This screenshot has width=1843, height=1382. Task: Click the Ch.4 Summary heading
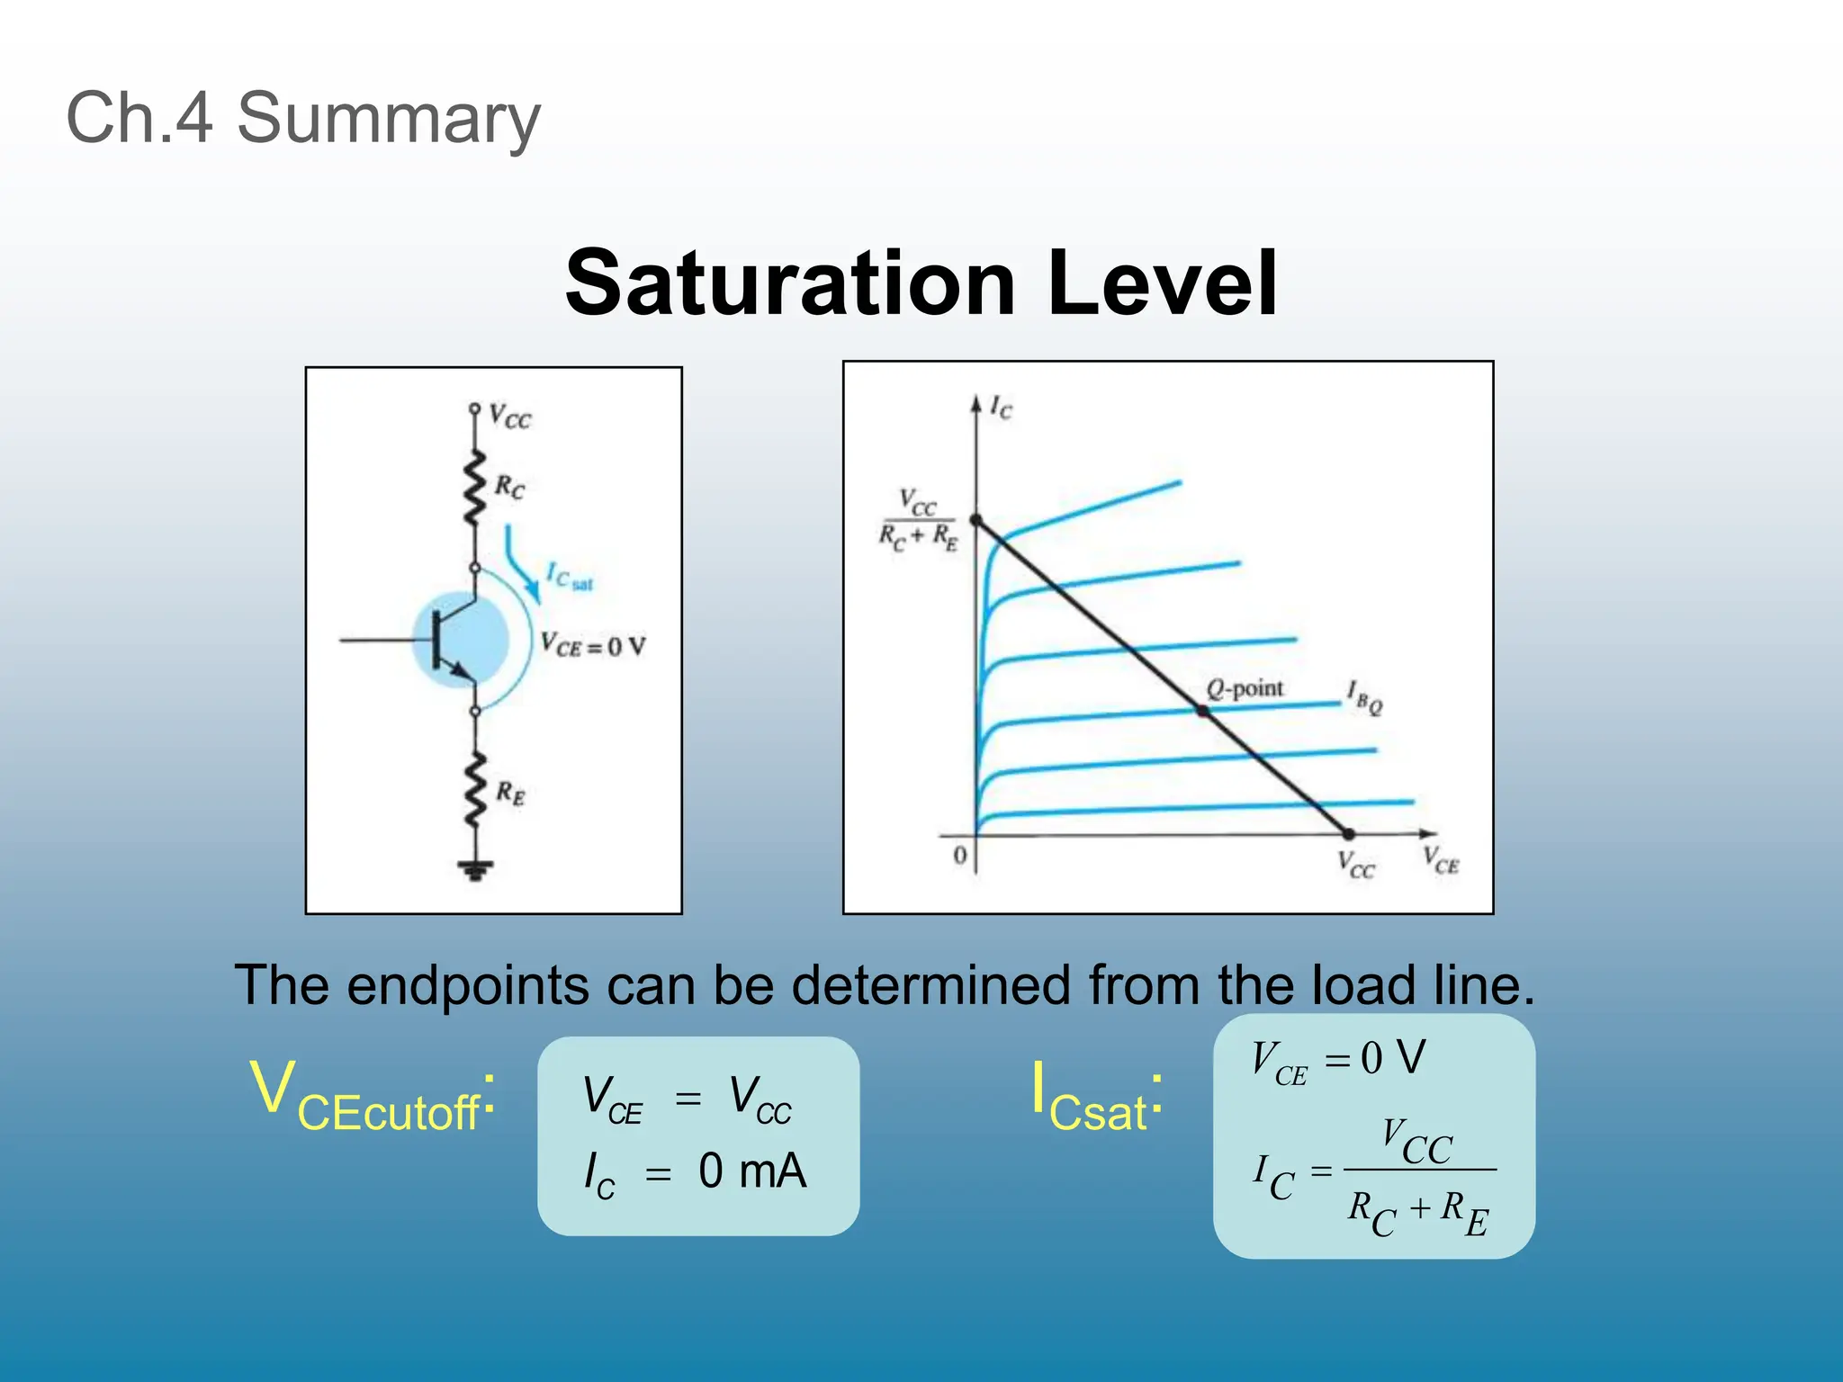point(303,118)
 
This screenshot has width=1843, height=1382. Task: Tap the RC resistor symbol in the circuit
point(474,489)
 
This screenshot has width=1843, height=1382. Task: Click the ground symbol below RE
point(475,868)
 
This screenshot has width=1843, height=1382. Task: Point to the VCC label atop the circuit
point(510,417)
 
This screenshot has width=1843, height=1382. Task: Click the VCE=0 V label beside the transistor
point(593,646)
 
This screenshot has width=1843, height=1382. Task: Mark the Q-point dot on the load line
point(1202,711)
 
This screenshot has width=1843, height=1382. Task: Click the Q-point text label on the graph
point(1245,689)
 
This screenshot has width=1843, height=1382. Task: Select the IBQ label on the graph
point(1363,697)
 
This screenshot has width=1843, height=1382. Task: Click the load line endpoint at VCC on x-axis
point(1348,834)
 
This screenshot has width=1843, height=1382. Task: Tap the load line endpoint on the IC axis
point(976,521)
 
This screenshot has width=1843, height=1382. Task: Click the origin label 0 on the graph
point(960,855)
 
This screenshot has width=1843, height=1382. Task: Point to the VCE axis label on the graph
point(1441,860)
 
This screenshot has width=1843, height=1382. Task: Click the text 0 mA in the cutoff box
point(752,1171)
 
